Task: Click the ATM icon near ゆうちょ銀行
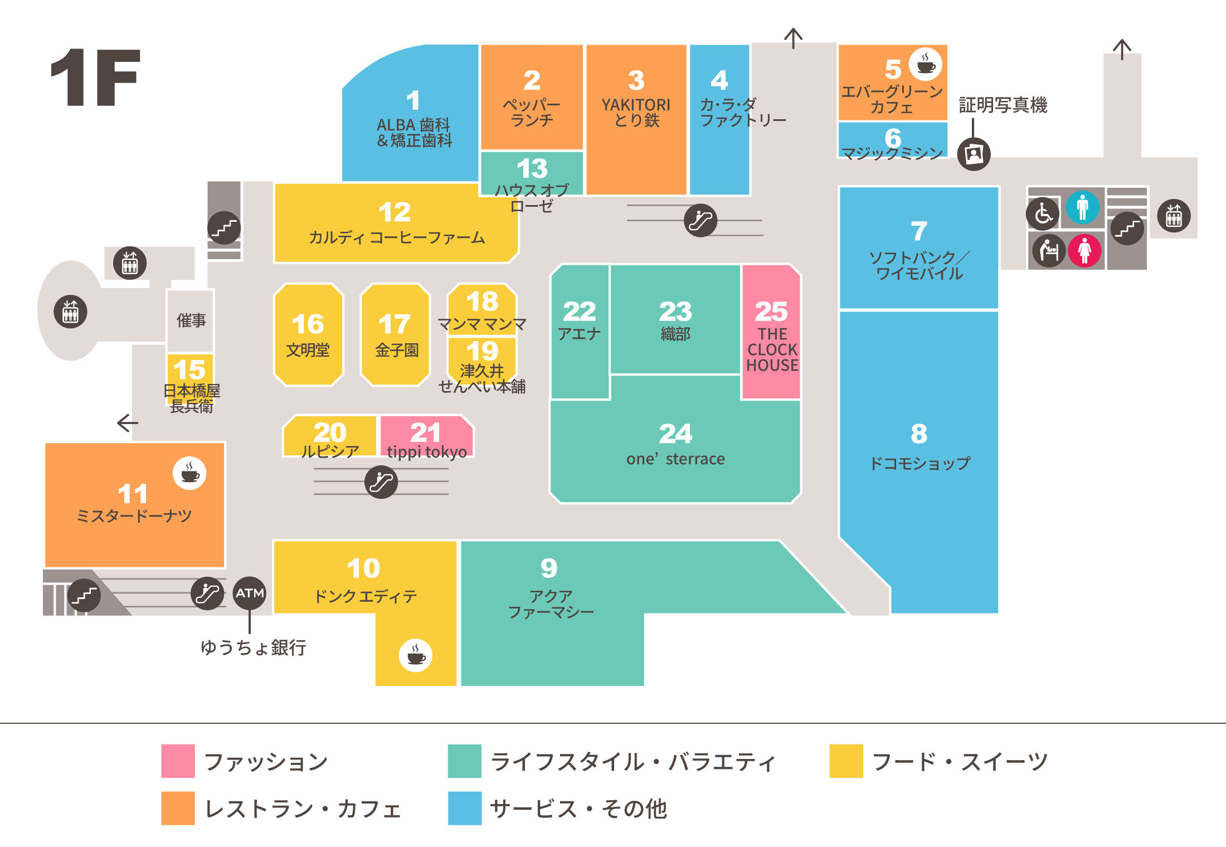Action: pos(249,593)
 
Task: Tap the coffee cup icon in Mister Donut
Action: pos(189,473)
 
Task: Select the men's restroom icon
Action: pos(1082,207)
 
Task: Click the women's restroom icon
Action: pos(1084,250)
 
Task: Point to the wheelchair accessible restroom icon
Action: pos(1043,213)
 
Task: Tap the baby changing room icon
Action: pos(1049,250)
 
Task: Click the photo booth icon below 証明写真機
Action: pos(974,153)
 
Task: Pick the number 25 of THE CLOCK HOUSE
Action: pos(771,311)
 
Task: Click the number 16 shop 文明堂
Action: pos(308,334)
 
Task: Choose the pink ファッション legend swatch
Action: pos(178,761)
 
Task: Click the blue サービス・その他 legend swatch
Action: pos(464,808)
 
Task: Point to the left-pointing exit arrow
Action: pos(128,423)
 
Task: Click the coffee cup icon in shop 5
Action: pos(926,64)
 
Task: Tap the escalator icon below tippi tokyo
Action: pos(381,482)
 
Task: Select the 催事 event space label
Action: pos(191,320)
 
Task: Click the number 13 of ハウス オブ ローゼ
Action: pos(532,168)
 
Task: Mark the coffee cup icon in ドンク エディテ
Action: pos(416,655)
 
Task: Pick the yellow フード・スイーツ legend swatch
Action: pos(846,761)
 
